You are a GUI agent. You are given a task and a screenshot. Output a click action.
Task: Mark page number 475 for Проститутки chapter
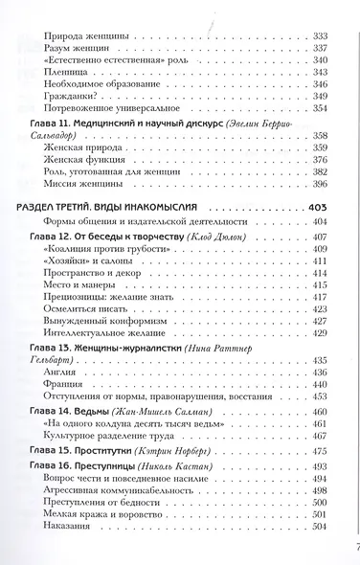(x=321, y=450)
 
